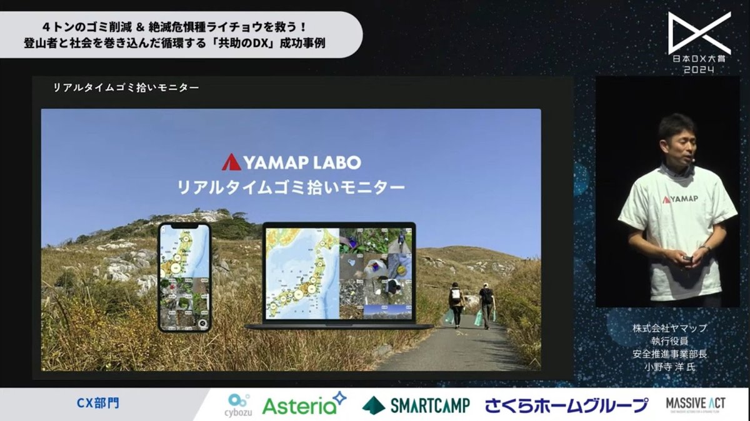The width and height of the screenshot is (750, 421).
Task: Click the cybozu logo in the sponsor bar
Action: click(x=239, y=404)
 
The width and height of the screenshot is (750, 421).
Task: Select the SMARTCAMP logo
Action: click(x=416, y=405)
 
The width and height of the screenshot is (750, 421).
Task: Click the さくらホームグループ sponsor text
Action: click(x=566, y=405)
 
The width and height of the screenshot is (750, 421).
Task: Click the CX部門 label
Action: click(x=97, y=404)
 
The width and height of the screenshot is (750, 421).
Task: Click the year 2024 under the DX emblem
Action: click(x=699, y=69)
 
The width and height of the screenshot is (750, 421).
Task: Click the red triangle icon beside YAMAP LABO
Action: click(x=230, y=162)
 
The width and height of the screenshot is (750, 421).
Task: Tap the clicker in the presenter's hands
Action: click(x=686, y=258)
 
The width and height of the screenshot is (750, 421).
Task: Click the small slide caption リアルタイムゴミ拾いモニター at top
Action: click(x=126, y=88)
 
